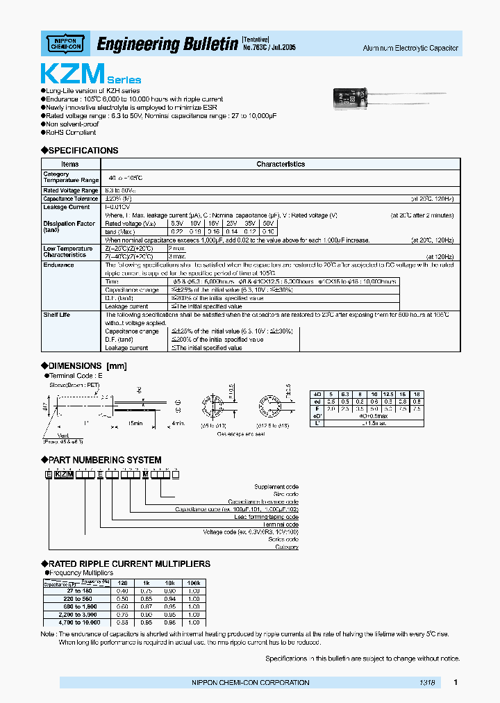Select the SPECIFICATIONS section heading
click(x=83, y=151)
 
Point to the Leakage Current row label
click(x=67, y=207)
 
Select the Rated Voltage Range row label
click(x=70, y=190)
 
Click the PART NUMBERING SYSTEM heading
click(x=106, y=460)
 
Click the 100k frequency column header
click(x=194, y=583)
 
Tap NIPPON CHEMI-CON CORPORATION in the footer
click(x=250, y=683)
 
